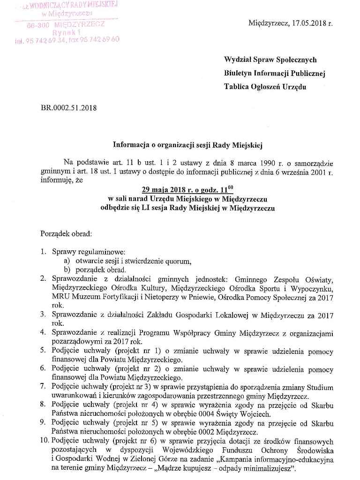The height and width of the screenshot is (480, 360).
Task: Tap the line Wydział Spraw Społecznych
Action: [270, 60]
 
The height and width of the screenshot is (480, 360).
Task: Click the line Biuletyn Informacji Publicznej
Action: [274, 73]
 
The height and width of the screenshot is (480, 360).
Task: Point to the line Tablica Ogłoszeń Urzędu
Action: [265, 87]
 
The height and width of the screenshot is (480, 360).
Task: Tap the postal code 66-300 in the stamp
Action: [38, 24]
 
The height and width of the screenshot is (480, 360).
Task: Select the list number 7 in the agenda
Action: [43, 387]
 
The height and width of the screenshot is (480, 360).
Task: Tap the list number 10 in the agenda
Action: [44, 441]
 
